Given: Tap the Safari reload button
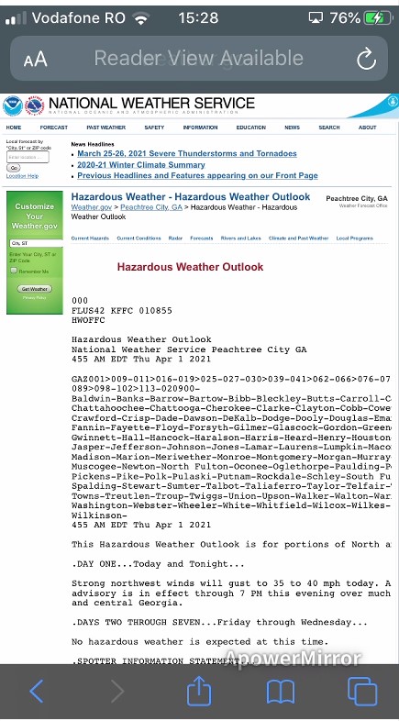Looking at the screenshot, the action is tap(366, 60).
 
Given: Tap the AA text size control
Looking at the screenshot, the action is tap(35, 61).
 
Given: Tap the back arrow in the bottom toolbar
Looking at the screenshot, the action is tap(37, 690).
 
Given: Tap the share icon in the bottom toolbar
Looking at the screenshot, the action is tap(199, 690).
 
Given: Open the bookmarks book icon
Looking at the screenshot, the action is tap(280, 690).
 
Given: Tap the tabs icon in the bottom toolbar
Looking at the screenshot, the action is tap(362, 690).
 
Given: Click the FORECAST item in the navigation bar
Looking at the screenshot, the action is tap(54, 128).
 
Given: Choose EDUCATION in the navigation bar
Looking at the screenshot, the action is tap(250, 128).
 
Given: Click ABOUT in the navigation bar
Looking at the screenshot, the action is tap(367, 128).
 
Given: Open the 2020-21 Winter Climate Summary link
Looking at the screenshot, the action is tap(136, 165).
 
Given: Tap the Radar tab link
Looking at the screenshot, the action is tap(175, 238).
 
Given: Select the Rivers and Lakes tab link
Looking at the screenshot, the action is tap(240, 238).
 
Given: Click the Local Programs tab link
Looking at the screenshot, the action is tap(355, 238).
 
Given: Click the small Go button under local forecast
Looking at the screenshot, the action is tap(13, 168).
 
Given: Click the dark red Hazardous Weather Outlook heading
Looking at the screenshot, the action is tap(190, 267).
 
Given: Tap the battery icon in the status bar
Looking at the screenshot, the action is tap(376, 17).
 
